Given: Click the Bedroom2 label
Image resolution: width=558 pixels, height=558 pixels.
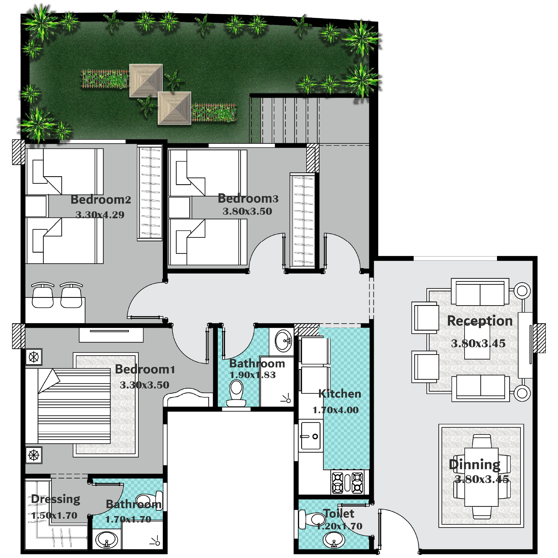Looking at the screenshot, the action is point(101,200).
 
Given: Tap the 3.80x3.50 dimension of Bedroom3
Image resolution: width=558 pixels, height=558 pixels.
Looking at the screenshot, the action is point(247,211).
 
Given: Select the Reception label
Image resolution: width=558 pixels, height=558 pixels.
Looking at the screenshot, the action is point(480,321).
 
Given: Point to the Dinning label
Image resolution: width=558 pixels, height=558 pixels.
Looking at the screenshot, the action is point(475,465).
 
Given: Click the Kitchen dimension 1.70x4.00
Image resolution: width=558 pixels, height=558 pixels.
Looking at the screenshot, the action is point(335,410).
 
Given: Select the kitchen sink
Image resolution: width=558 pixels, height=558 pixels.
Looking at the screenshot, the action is point(311,436).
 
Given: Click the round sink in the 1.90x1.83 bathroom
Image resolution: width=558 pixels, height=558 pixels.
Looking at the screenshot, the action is point(283,341).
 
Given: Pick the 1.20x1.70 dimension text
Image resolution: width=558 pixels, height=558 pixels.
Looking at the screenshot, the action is point(339,526).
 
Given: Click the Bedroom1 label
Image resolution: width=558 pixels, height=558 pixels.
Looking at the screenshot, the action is point(145,369).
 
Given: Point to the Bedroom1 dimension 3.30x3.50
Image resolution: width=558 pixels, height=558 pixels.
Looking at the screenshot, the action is point(145,385).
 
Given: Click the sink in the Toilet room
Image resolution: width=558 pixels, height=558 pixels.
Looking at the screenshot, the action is point(334,540).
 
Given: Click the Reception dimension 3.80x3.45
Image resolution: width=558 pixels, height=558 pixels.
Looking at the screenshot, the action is point(478,343).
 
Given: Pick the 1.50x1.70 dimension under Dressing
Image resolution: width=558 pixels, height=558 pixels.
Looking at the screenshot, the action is point(54,515).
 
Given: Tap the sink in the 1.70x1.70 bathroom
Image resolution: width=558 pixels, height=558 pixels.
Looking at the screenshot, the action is point(107,540).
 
